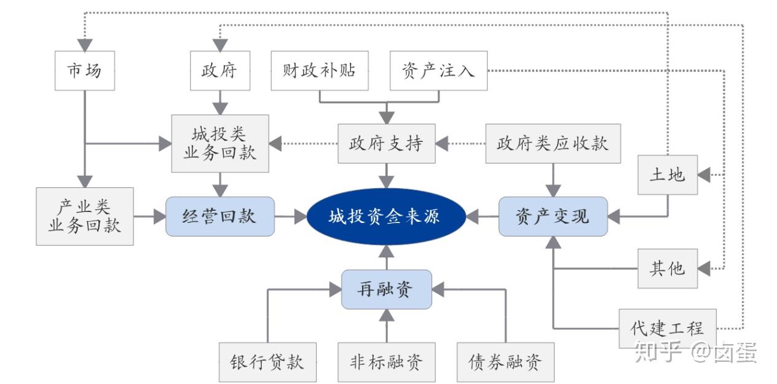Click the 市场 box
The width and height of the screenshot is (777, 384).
click(x=84, y=71)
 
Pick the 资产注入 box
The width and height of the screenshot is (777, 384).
click(x=439, y=71)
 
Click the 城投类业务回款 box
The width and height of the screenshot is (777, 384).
click(x=220, y=143)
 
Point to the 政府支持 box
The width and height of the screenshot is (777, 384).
click(x=386, y=144)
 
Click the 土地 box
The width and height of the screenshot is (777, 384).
click(x=667, y=175)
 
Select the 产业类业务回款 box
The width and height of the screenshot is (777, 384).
click(x=85, y=216)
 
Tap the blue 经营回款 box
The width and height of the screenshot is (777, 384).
click(x=219, y=216)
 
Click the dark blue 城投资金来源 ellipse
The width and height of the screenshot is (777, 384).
click(x=385, y=216)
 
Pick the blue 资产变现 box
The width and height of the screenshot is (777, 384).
click(x=553, y=216)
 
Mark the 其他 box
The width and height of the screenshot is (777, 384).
click(x=667, y=268)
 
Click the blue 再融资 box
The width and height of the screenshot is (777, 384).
click(x=386, y=289)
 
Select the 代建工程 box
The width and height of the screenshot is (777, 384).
click(x=667, y=328)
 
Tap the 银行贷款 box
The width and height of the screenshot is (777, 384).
click(x=267, y=362)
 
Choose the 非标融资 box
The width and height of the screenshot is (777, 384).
click(x=387, y=362)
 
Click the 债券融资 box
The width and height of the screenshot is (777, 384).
click(x=505, y=362)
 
